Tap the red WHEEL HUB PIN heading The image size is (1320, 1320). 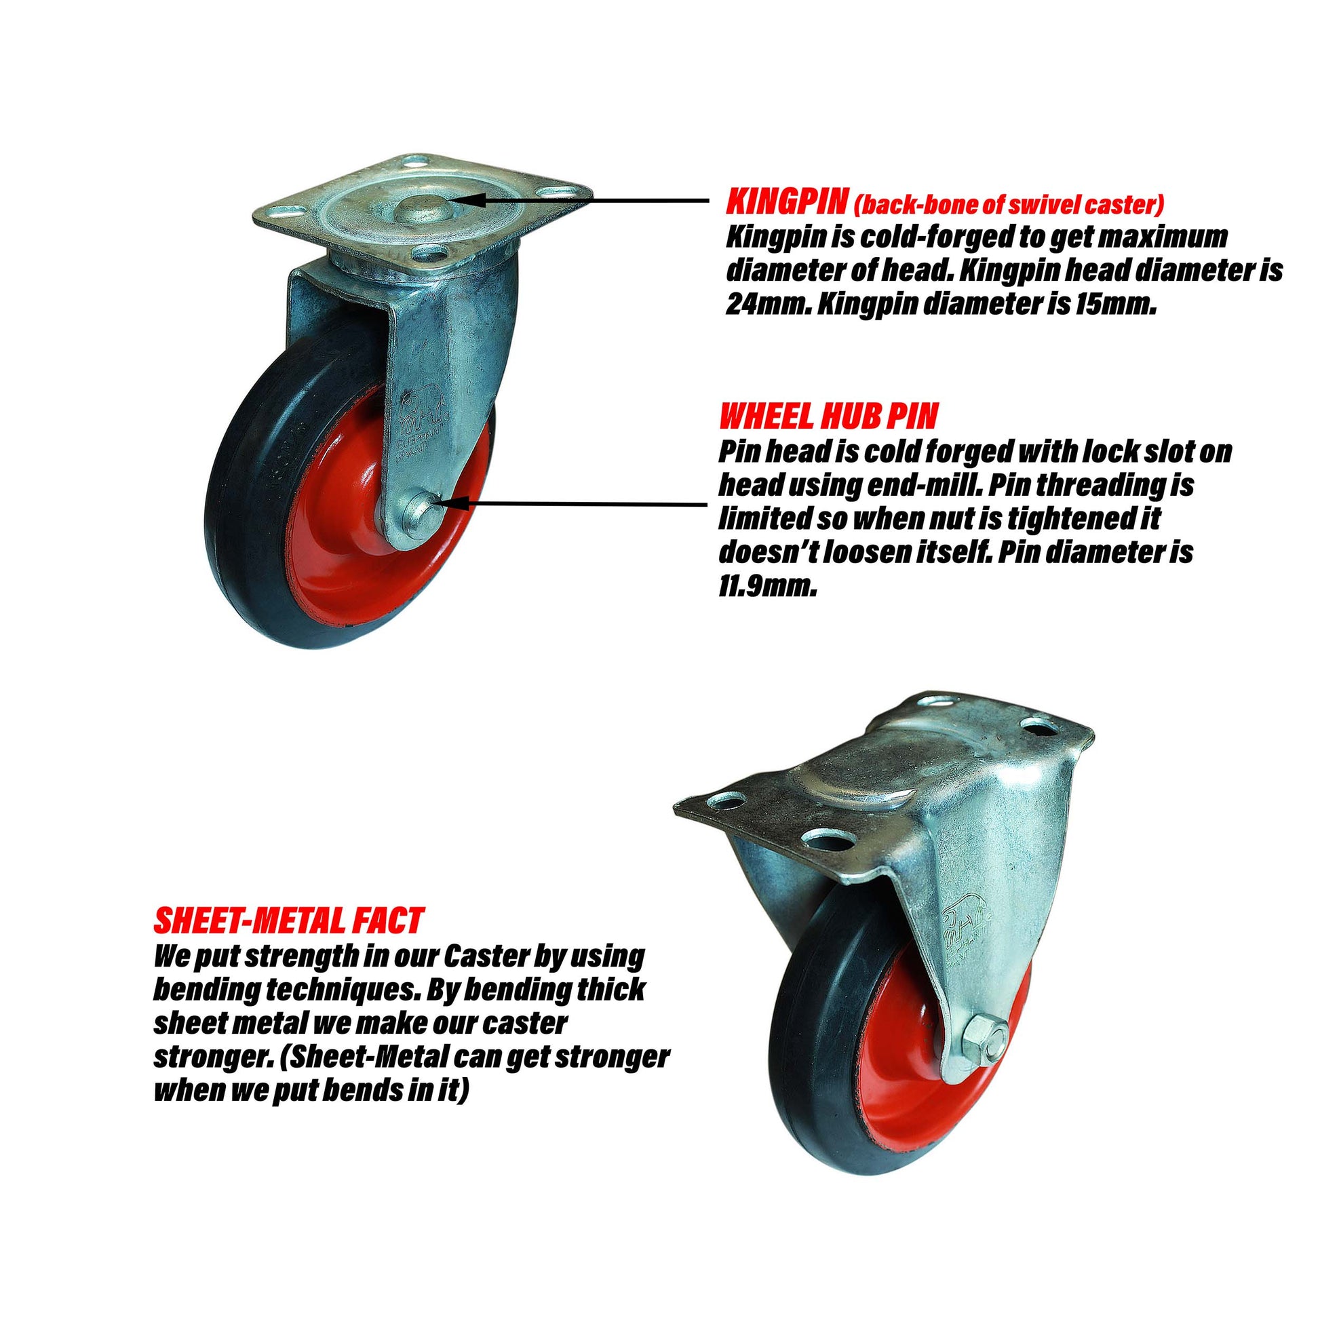[x=828, y=415]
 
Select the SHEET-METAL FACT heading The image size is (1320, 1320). [x=288, y=921]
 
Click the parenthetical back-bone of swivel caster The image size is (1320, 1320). [x=1008, y=203]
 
